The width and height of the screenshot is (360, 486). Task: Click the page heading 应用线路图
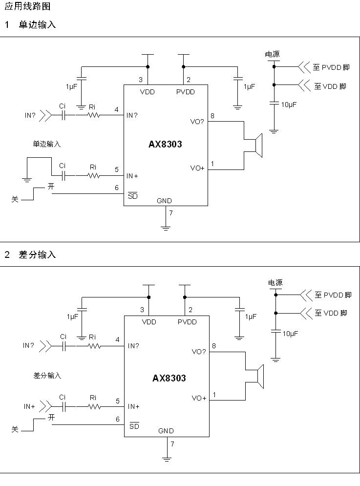tap(27, 7)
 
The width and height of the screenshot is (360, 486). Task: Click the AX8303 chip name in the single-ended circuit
tap(165, 145)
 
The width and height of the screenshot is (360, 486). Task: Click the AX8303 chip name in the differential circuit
tap(169, 379)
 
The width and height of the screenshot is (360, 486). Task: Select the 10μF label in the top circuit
tap(289, 105)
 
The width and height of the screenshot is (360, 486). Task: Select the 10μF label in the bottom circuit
tap(290, 334)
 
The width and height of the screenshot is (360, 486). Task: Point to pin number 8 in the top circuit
tap(212, 116)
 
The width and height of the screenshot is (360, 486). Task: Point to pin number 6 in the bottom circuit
tap(118, 419)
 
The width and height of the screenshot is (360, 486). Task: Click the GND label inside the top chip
tap(165, 201)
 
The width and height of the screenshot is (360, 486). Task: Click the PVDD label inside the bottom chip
tap(187, 322)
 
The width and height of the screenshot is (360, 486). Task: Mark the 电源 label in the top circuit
tap(273, 54)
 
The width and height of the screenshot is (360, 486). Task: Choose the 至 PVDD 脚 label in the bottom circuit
tap(333, 295)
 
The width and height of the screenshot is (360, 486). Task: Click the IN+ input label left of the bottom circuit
tap(29, 406)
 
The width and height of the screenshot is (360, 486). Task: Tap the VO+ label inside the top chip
tap(197, 168)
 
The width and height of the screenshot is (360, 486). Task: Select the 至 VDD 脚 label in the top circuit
tap(330, 86)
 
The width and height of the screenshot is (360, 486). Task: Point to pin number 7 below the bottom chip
tap(172, 444)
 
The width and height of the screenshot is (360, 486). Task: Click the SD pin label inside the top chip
tap(132, 196)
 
